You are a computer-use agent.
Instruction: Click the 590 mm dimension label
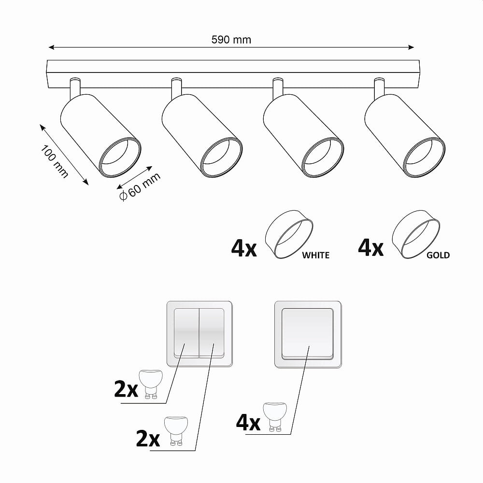point(231,40)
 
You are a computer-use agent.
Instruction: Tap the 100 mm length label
point(54,161)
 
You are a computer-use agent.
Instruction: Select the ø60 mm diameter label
point(140,186)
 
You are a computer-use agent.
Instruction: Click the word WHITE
point(316,255)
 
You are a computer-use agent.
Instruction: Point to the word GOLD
point(438,255)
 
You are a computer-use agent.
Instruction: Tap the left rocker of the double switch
point(186,333)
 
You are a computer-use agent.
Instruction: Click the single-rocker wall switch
point(308,335)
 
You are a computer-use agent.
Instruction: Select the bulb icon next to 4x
point(274,416)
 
